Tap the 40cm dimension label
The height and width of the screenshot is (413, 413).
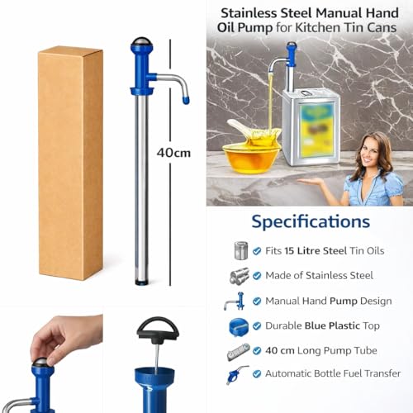[173, 152]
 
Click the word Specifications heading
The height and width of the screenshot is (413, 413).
[311, 221]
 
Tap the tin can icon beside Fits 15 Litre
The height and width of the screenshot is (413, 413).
[241, 250]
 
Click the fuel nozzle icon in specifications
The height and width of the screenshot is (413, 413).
[238, 374]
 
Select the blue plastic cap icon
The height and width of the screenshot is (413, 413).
[239, 325]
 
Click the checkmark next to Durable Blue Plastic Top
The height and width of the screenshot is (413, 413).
[258, 325]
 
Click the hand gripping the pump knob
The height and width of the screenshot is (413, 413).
[63, 338]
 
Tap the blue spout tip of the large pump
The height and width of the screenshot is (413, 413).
[186, 100]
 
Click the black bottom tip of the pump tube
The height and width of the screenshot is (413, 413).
[141, 282]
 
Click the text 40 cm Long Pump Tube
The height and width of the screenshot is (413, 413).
[322, 350]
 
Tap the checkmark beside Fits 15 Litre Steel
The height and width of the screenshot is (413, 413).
[258, 250]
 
